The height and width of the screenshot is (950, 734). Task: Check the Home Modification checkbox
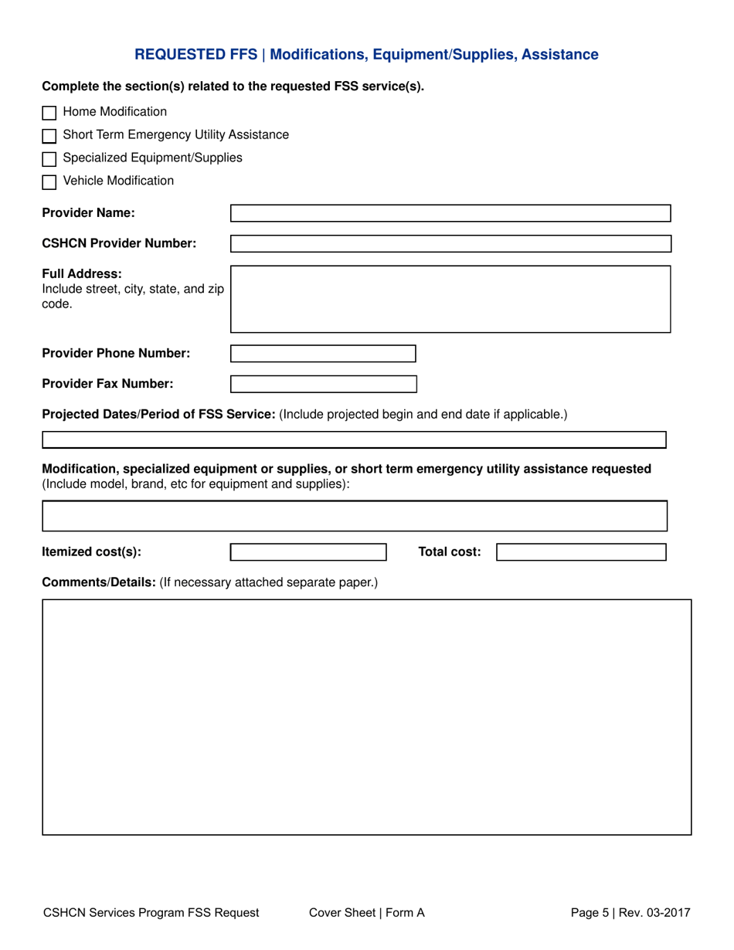[x=49, y=113]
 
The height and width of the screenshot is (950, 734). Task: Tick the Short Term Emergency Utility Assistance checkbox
[x=49, y=136]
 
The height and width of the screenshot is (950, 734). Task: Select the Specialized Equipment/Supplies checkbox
[x=49, y=159]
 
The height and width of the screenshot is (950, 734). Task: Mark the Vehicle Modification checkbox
[x=49, y=182]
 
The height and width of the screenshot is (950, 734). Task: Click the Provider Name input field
[x=450, y=213]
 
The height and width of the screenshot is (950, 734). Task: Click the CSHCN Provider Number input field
[x=450, y=244]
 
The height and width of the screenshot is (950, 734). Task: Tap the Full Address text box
[x=450, y=299]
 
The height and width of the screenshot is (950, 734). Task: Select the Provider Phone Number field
[x=324, y=354]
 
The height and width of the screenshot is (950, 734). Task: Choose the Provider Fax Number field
[x=324, y=384]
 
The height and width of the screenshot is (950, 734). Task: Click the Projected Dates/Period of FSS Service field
[x=354, y=439]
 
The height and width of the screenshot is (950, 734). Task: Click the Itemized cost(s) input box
[x=308, y=552]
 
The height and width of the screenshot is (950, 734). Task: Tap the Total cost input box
[x=581, y=552]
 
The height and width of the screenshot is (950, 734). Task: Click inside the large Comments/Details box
[x=366, y=716]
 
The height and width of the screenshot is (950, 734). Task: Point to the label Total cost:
[x=449, y=552]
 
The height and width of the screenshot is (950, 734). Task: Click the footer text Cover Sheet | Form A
[x=366, y=913]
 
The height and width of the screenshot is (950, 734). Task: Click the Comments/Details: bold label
[x=98, y=581]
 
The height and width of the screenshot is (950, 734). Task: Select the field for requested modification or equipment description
[x=354, y=515]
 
